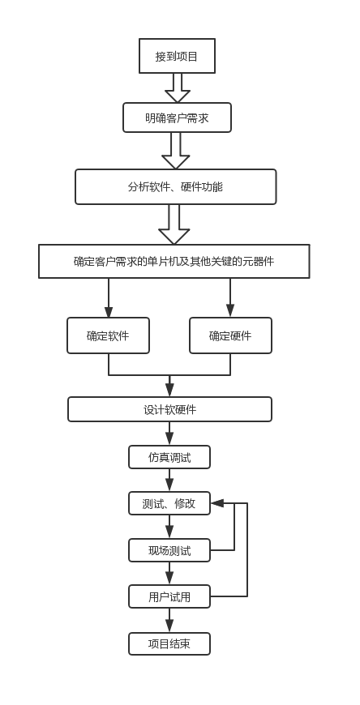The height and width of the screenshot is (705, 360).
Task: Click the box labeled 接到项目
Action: tap(177, 56)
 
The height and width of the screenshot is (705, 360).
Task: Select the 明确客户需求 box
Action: tap(177, 117)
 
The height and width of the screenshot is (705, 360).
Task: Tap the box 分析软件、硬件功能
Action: tap(175, 186)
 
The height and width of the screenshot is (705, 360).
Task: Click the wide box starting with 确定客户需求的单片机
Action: tap(174, 261)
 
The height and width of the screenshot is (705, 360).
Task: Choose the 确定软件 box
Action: tap(108, 335)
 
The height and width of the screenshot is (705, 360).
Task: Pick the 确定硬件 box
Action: tap(230, 335)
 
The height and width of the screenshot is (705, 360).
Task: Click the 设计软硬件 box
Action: tap(169, 409)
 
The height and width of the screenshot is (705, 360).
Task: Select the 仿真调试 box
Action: tap(169, 457)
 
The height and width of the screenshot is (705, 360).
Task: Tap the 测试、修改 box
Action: tap(169, 503)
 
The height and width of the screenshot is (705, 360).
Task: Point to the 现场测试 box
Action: tap(169, 550)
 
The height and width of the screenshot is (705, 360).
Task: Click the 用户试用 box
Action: tap(169, 596)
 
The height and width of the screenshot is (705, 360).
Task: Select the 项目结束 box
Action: tap(169, 644)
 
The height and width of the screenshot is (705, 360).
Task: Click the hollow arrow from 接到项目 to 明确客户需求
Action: tap(178, 88)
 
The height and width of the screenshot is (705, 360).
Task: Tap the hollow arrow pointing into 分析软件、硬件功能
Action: tap(175, 151)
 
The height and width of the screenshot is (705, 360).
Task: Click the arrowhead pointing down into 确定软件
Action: tap(109, 312)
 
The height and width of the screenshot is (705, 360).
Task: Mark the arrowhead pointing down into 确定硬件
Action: tap(230, 310)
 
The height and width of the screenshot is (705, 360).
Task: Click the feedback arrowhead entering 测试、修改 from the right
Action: tap(217, 503)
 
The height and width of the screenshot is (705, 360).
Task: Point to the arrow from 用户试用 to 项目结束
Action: tap(169, 621)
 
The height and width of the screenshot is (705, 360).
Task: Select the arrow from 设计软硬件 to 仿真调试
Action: tap(169, 434)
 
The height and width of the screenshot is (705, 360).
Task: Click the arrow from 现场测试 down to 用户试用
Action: tap(169, 573)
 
